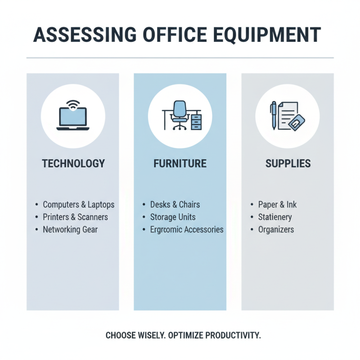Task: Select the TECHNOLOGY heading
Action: tap(73, 163)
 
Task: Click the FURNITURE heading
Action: tap(180, 163)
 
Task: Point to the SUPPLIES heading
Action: tap(288, 163)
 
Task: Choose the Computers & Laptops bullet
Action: tap(78, 205)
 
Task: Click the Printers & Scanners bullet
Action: tap(75, 217)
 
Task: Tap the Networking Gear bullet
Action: tap(70, 229)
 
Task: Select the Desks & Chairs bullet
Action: tap(174, 205)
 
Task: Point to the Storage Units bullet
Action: tap(173, 217)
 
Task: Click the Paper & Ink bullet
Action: tap(277, 205)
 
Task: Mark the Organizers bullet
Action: tap(276, 229)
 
